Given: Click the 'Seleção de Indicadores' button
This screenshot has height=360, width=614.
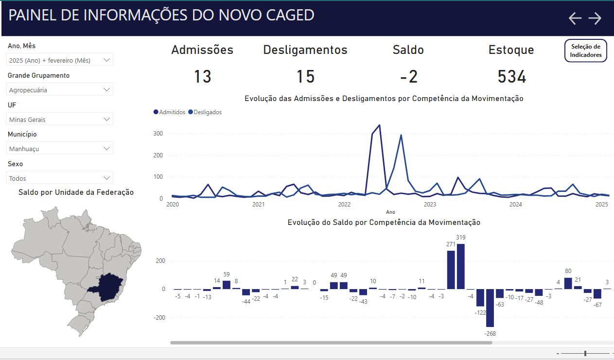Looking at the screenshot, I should [586, 51].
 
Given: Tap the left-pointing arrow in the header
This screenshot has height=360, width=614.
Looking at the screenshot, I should [575, 18].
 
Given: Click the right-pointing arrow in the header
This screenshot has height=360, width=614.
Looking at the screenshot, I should [595, 18].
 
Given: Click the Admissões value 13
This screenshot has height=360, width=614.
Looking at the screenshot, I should [202, 77].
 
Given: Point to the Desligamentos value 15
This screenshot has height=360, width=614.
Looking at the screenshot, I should [305, 77].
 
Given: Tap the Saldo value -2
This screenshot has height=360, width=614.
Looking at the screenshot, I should [408, 77].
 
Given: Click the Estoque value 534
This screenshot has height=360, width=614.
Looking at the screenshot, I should [511, 77].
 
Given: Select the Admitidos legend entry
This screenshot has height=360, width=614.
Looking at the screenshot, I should [170, 112].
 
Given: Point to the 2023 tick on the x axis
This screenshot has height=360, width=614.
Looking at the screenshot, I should [430, 205].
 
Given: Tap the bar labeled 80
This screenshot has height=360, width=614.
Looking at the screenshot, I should [568, 283].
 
